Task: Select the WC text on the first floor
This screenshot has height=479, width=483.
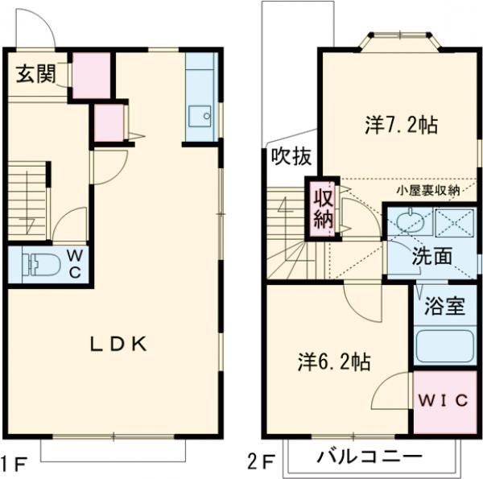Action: pos(74,263)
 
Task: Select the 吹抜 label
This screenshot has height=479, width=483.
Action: pos(290,157)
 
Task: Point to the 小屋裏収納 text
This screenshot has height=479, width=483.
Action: pos(427,191)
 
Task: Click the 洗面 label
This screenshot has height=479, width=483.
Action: pos(432,258)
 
